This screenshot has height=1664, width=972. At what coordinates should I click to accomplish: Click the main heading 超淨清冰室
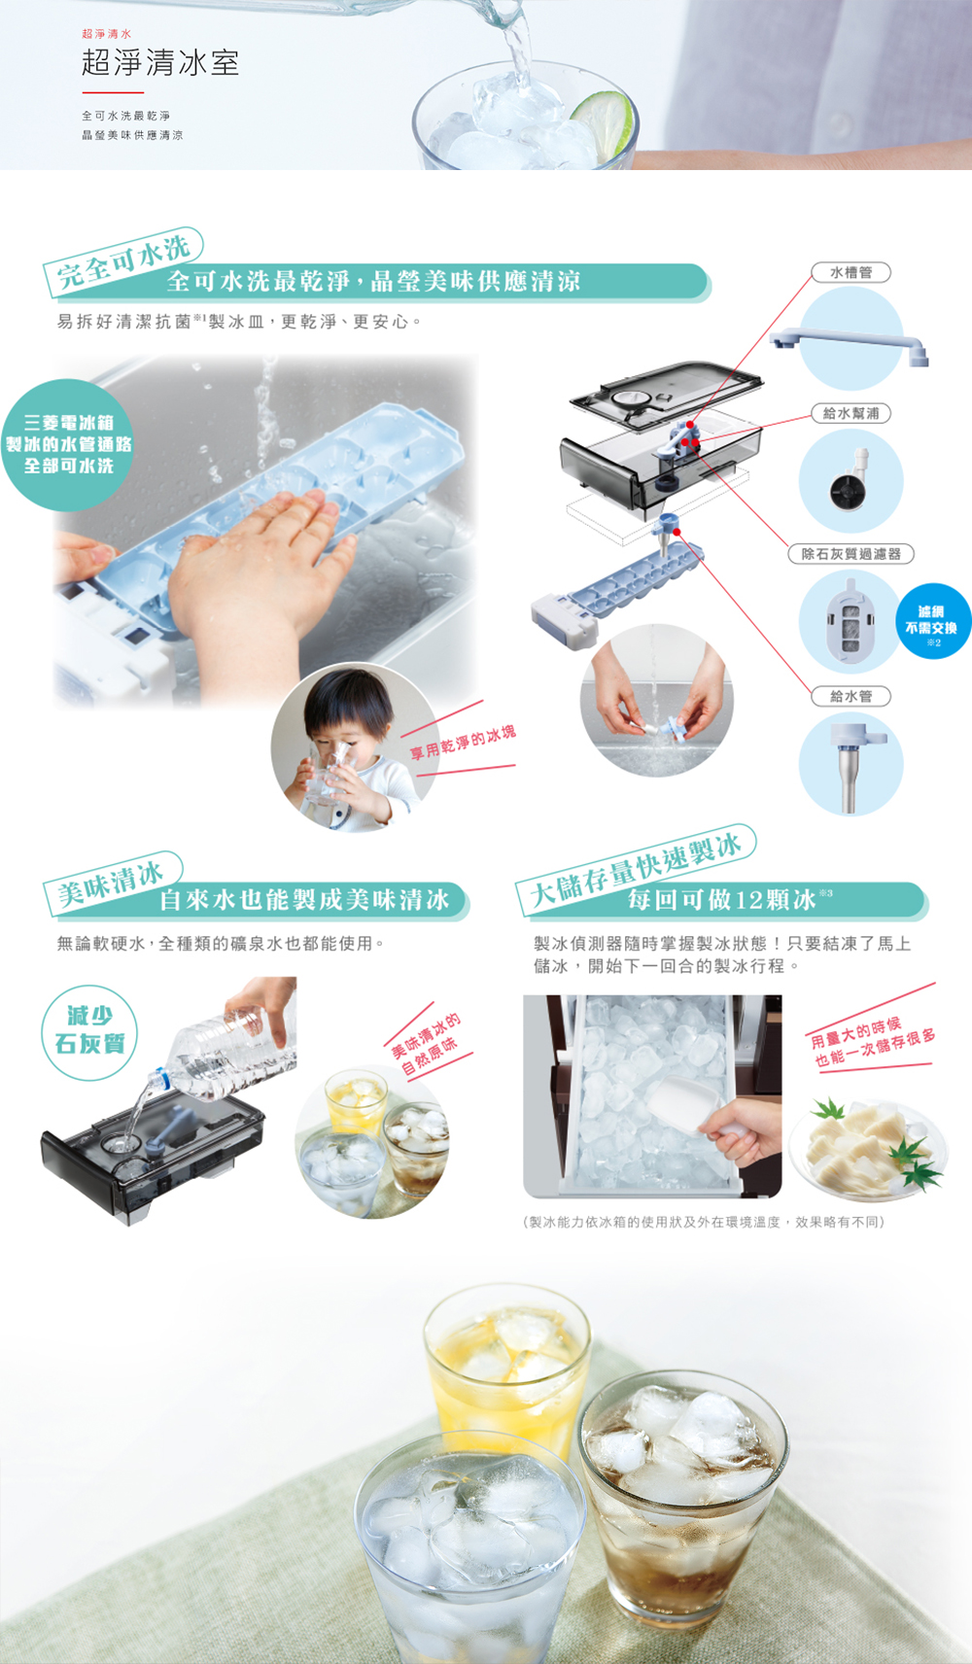160,62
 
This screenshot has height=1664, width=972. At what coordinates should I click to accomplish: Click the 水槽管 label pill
850,272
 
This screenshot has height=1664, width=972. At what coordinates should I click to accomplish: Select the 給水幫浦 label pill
850,413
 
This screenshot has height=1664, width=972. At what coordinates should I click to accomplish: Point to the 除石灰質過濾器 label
850,553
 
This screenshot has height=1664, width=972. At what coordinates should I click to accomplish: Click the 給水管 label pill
850,696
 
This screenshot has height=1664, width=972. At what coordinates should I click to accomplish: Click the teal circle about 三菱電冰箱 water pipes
68,444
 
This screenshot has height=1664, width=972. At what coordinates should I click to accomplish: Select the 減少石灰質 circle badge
90,1032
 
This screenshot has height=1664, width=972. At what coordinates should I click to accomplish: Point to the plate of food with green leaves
868,1149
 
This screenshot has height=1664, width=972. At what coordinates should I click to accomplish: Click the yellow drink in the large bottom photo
508,1374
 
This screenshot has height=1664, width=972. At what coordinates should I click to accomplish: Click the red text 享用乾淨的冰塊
463,743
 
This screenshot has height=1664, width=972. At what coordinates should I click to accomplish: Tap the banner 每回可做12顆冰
722,900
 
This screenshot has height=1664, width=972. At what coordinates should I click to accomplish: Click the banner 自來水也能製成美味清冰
304,900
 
